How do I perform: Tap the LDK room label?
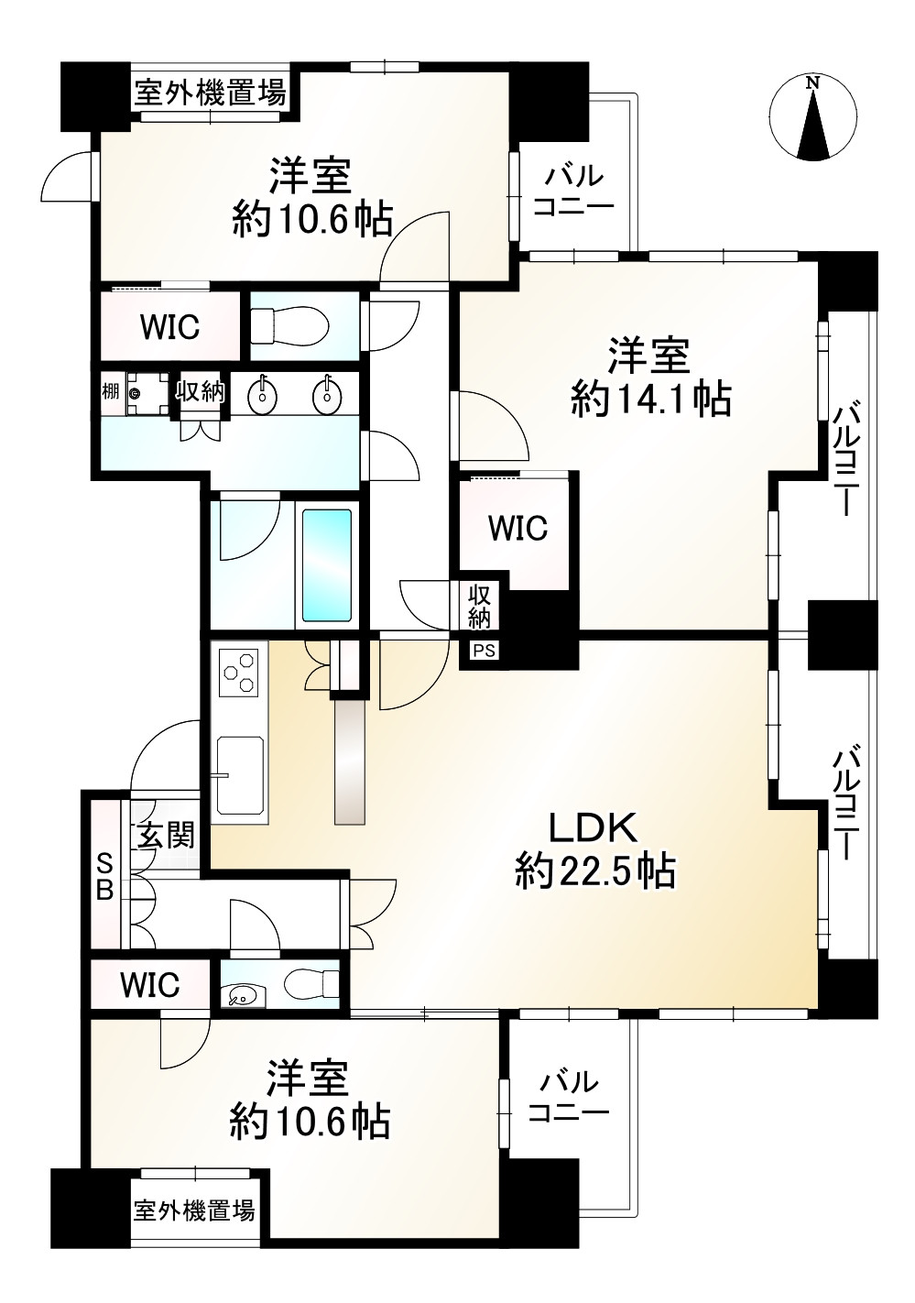[x=593, y=828]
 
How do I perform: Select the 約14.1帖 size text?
[x=650, y=400]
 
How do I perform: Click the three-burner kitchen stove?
[x=239, y=672]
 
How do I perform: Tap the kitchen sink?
[x=239, y=773]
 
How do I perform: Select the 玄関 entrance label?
[x=166, y=835]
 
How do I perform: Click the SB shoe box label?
[x=105, y=876]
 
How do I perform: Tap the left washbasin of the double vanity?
[x=263, y=396]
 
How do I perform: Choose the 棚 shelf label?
[x=110, y=392]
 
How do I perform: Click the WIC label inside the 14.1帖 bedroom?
[x=517, y=528]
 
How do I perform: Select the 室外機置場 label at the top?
[x=211, y=93]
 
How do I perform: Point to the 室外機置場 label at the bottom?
[x=194, y=1210]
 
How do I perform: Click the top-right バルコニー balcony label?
[x=573, y=191]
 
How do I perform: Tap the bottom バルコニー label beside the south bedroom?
[x=569, y=1098]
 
